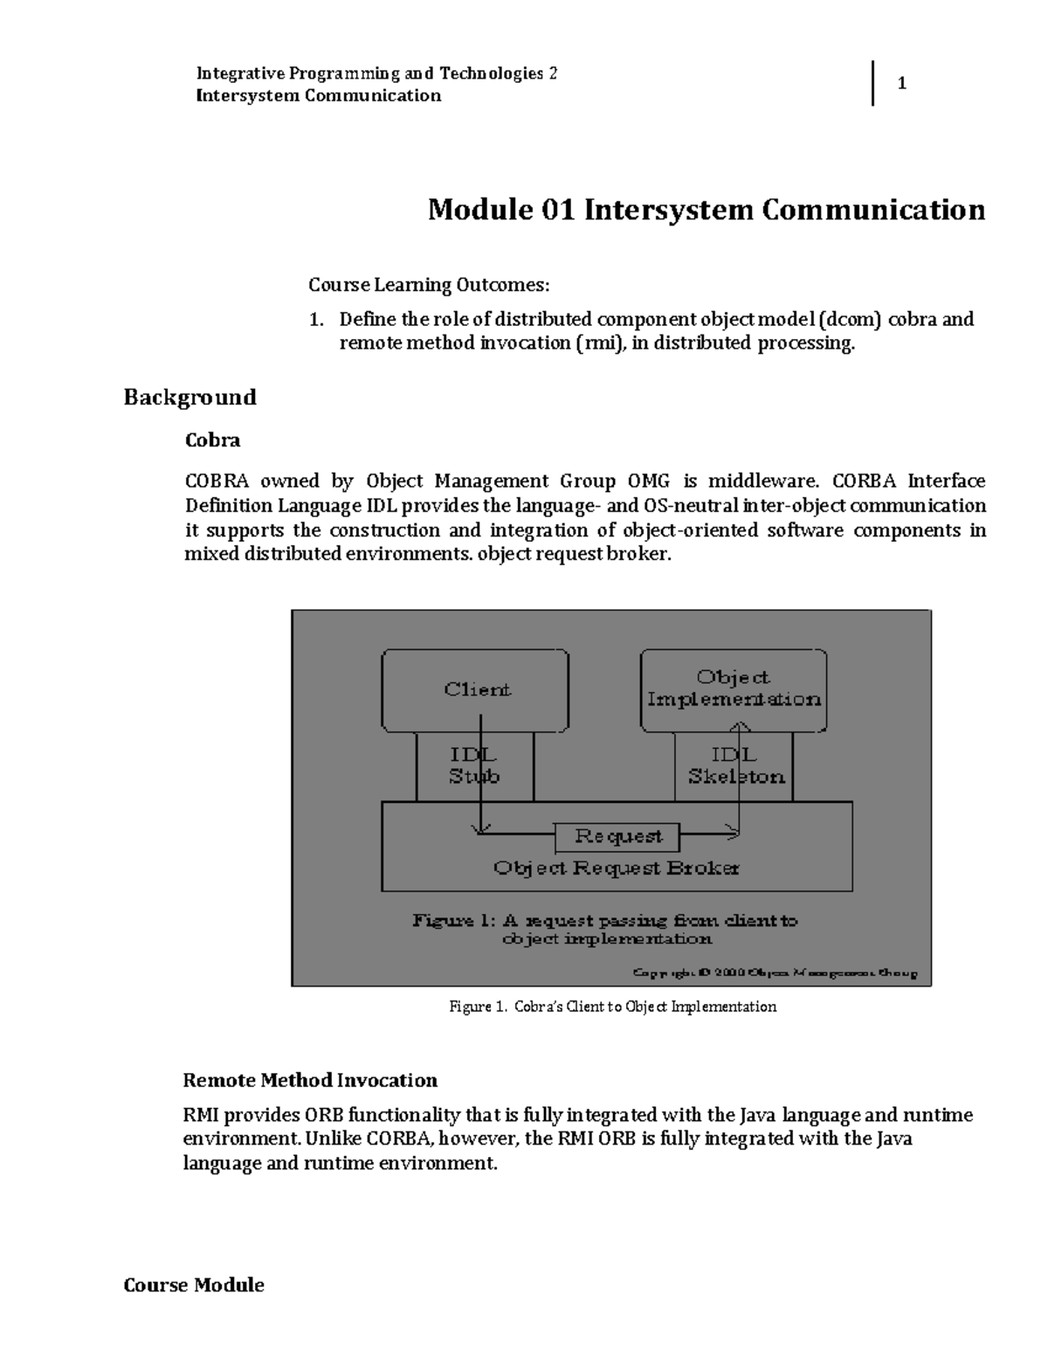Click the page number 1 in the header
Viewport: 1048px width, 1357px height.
coord(902,84)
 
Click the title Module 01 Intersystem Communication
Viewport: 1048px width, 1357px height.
coord(706,211)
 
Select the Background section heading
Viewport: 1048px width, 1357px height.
coord(190,398)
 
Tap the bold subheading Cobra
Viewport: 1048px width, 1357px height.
coord(212,440)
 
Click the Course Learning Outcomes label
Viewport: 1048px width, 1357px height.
coord(429,285)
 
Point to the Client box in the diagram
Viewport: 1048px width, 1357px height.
coord(476,689)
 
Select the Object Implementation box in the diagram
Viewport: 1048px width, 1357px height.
coord(734,689)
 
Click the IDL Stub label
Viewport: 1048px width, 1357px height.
coord(474,765)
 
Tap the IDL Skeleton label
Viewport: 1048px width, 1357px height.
coord(735,765)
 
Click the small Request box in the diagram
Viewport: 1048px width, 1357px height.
coord(617,837)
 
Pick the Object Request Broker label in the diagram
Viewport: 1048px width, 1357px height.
coord(617,869)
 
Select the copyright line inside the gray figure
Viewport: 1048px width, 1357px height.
coord(775,973)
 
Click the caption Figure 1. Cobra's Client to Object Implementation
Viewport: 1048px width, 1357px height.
coord(612,1007)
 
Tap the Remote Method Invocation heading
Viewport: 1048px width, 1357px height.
coord(310,1081)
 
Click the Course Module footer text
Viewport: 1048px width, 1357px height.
coord(194,1285)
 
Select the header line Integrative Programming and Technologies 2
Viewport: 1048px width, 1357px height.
coord(376,73)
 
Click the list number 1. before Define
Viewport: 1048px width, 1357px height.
coord(317,319)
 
